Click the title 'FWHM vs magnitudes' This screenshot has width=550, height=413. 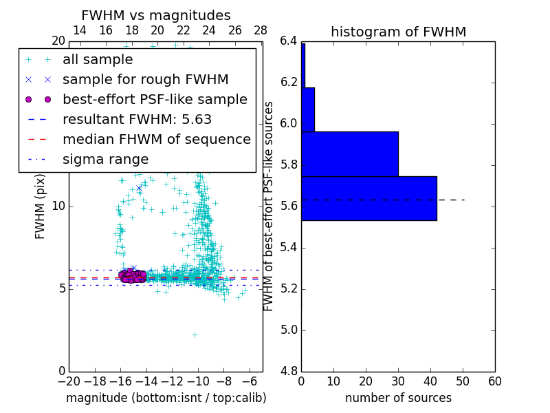156,15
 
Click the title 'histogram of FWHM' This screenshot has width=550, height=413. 398,32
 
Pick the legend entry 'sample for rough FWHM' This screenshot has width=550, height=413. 145,80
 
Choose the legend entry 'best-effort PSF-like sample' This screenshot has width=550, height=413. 155,99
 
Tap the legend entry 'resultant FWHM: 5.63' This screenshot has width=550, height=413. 137,119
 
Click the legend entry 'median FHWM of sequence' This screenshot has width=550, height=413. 156,139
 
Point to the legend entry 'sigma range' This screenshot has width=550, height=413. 105,159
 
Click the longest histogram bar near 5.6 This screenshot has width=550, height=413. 368,198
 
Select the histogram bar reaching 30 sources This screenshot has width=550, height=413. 349,153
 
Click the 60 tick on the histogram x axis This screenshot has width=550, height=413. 494,381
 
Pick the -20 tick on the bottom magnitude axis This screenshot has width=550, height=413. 69,381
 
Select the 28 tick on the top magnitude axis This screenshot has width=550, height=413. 261,30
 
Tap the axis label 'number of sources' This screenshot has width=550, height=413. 398,398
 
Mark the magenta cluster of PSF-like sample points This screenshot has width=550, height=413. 132,276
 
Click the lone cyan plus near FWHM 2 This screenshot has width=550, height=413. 195,335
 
